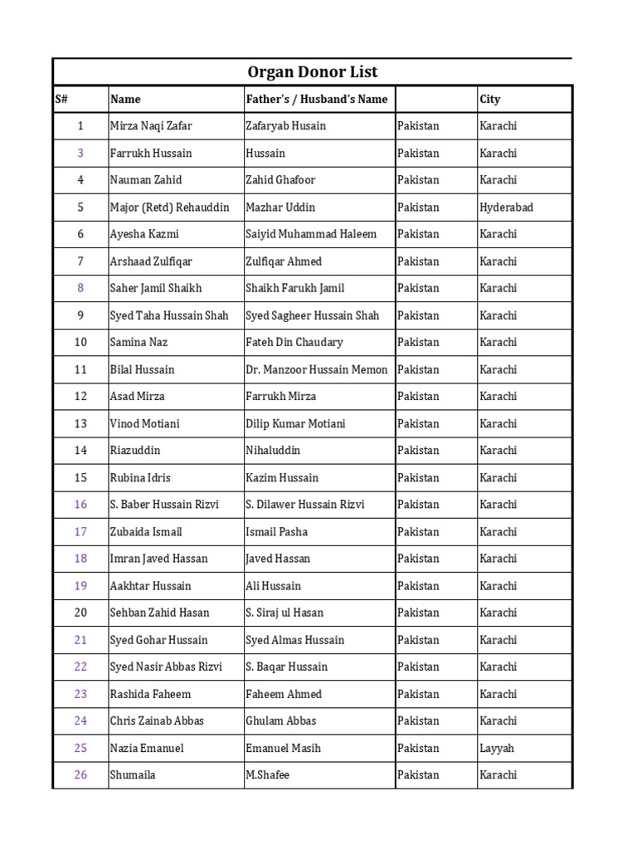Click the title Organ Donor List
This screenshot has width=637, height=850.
[313, 72]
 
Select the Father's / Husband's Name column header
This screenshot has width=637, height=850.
[317, 100]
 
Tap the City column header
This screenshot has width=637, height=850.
[490, 100]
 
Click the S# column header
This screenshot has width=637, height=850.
[61, 100]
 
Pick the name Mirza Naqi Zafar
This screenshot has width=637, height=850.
[151, 126]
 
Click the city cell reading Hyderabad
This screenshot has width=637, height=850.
[506, 208]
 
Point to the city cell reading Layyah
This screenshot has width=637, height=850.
[497, 748]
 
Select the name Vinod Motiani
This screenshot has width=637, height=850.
[144, 423]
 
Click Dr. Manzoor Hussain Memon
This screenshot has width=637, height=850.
[317, 369]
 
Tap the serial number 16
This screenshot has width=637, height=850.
[80, 505]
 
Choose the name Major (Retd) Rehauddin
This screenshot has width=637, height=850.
[166, 208]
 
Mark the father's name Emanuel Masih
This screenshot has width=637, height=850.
[283, 748]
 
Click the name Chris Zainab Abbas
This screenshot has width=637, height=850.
[157, 721]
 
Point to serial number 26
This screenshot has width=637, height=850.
[80, 775]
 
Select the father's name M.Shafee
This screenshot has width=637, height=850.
[268, 775]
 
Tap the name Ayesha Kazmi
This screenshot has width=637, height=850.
[144, 234]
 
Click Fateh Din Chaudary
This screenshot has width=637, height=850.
[294, 342]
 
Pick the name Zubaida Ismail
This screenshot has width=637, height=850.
[146, 532]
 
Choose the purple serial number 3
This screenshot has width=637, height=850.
[80, 154]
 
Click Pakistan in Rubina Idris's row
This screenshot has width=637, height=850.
[418, 478]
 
